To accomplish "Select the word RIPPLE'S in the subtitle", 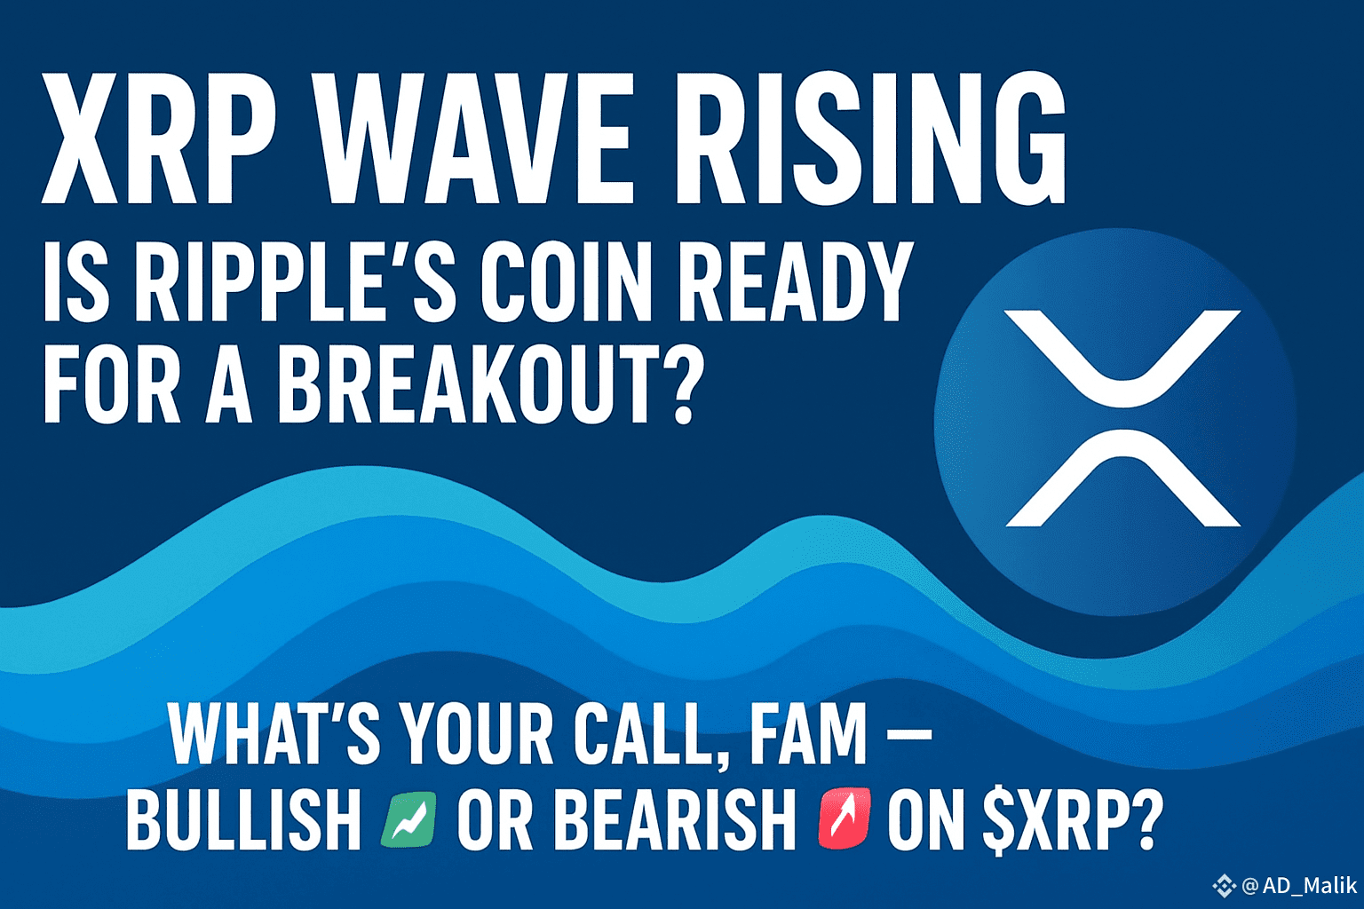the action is tap(296, 281).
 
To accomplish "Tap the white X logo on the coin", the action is tap(1122, 418).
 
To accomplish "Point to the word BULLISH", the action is tap(243, 819).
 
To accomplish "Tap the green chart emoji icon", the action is tap(408, 819).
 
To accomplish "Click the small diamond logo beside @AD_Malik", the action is tap(1224, 886).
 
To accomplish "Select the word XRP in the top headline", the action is tap(158, 139).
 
